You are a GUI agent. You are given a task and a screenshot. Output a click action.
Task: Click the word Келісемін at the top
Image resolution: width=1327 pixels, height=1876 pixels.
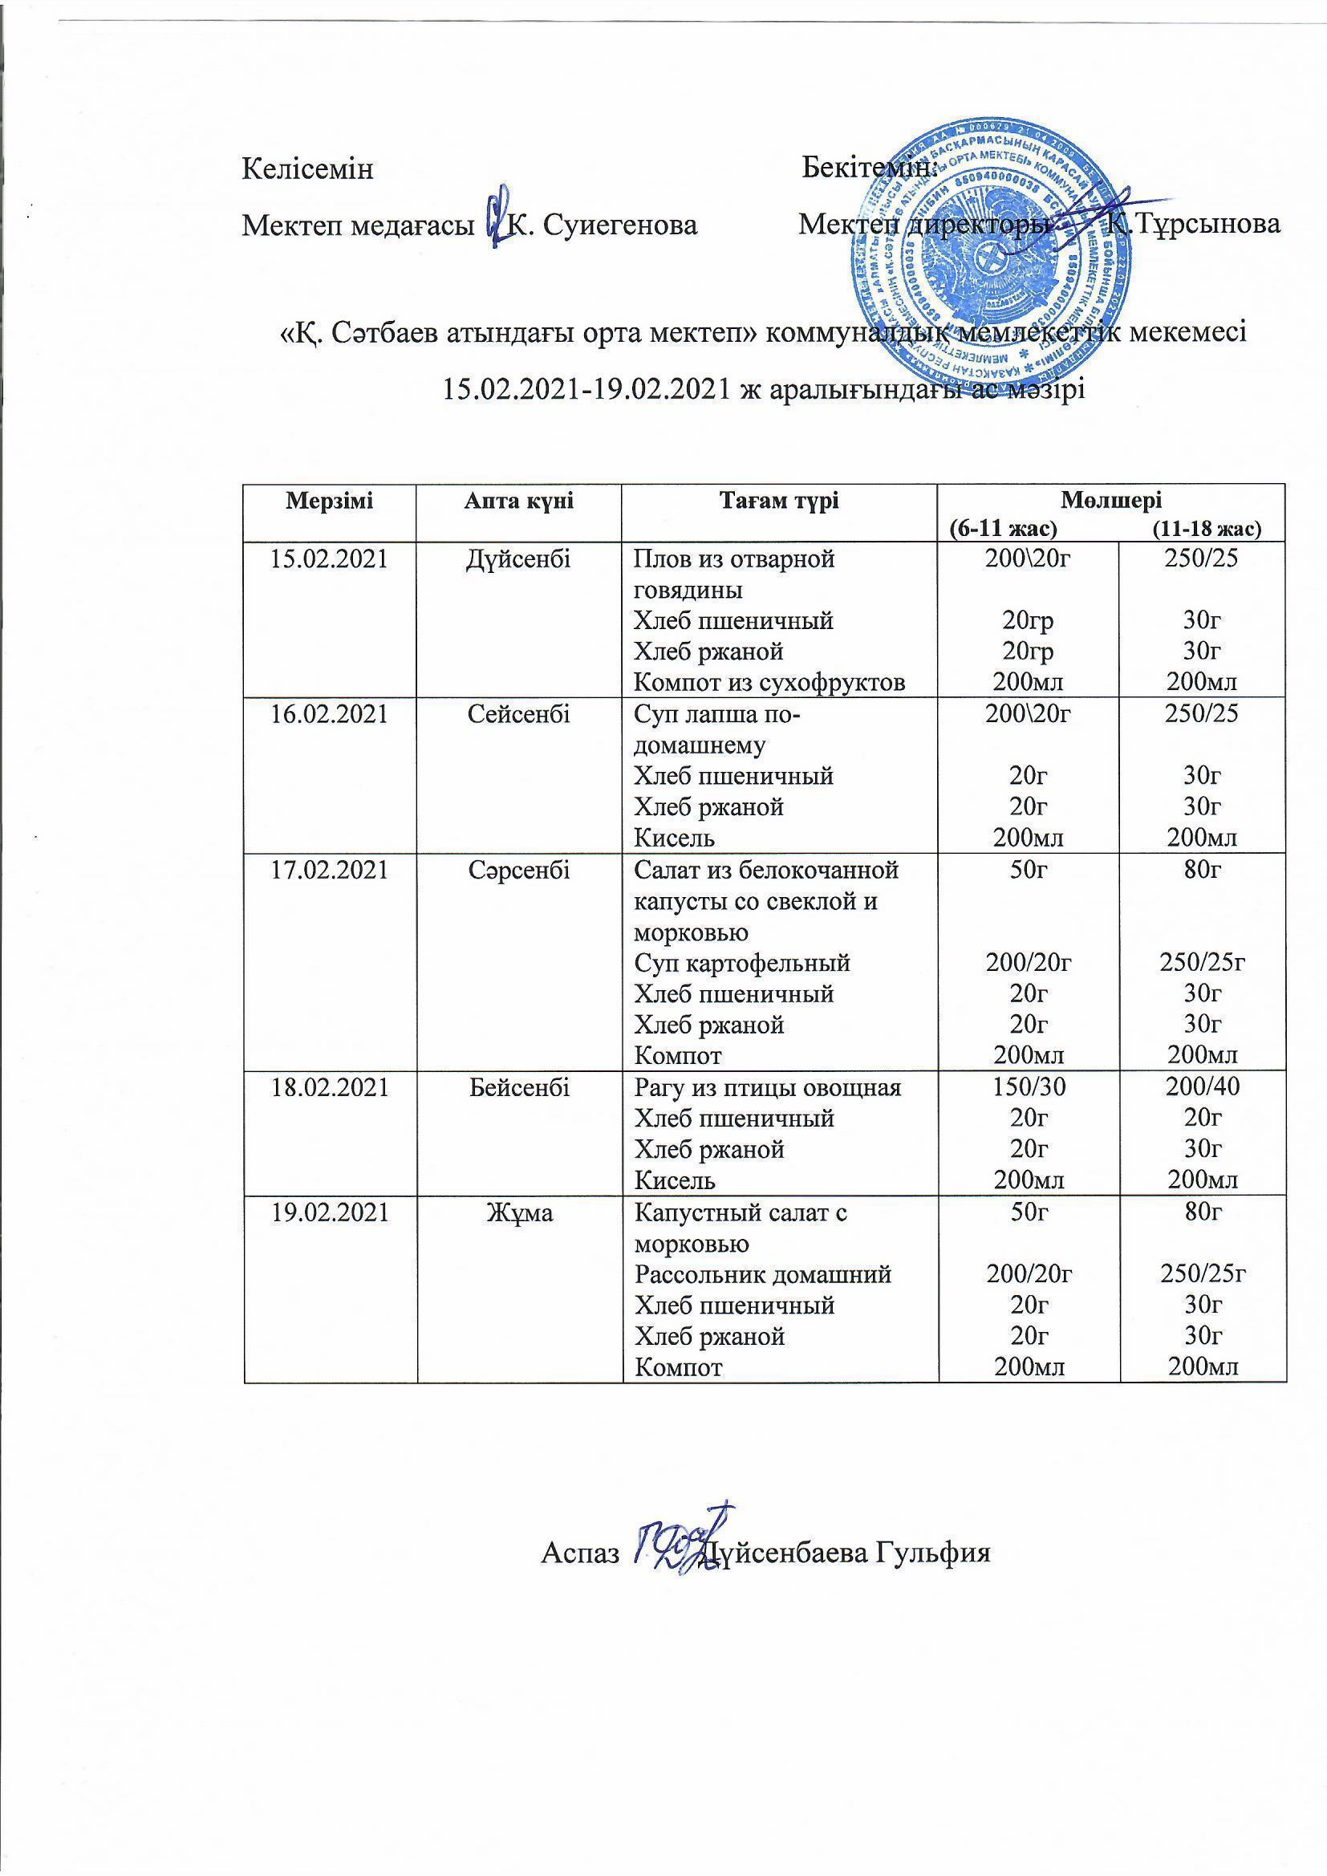click(x=307, y=169)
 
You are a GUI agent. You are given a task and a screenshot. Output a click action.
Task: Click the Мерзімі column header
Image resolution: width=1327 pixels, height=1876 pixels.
click(x=329, y=501)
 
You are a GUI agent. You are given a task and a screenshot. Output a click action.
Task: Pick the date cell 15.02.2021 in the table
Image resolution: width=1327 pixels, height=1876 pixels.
click(x=329, y=560)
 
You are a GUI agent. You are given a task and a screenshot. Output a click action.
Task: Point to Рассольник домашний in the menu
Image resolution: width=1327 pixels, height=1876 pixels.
click(x=762, y=1274)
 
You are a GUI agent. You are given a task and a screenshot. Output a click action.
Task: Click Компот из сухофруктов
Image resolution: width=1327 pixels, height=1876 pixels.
click(x=769, y=681)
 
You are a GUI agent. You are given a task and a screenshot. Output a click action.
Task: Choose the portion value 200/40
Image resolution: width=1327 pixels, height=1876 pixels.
click(x=1203, y=1087)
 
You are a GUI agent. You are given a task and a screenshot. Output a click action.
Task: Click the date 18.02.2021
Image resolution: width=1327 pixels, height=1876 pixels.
click(x=329, y=1087)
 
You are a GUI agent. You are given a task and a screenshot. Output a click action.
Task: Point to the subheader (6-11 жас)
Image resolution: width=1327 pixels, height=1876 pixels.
click(x=1008, y=529)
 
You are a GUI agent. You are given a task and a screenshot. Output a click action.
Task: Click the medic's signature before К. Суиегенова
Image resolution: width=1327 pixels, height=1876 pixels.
click(x=497, y=217)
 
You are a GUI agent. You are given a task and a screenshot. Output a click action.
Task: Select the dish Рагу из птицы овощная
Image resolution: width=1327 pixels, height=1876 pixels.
click(x=767, y=1087)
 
